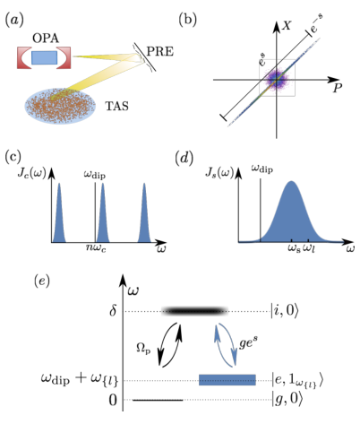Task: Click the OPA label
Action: coord(46,39)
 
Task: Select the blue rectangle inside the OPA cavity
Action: coord(44,57)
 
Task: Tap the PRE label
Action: coord(160,52)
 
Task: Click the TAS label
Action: coord(116,106)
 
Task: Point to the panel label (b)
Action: coord(187,20)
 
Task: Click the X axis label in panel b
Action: coord(287,26)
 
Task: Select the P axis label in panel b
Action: coord(337,88)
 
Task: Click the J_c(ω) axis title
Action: coord(31,174)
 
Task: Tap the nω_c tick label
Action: coord(96,248)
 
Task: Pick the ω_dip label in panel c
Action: coord(94,175)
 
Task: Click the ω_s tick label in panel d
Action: coord(294,248)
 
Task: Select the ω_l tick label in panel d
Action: coord(309,248)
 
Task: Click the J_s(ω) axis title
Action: coord(219,173)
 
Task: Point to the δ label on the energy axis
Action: coord(113,311)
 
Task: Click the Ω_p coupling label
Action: coord(143,349)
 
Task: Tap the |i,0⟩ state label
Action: coord(284,311)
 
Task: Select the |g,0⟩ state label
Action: coord(285,399)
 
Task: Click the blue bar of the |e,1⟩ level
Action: coord(227,380)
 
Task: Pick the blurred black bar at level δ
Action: coord(194,311)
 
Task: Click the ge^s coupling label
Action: coord(248,343)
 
